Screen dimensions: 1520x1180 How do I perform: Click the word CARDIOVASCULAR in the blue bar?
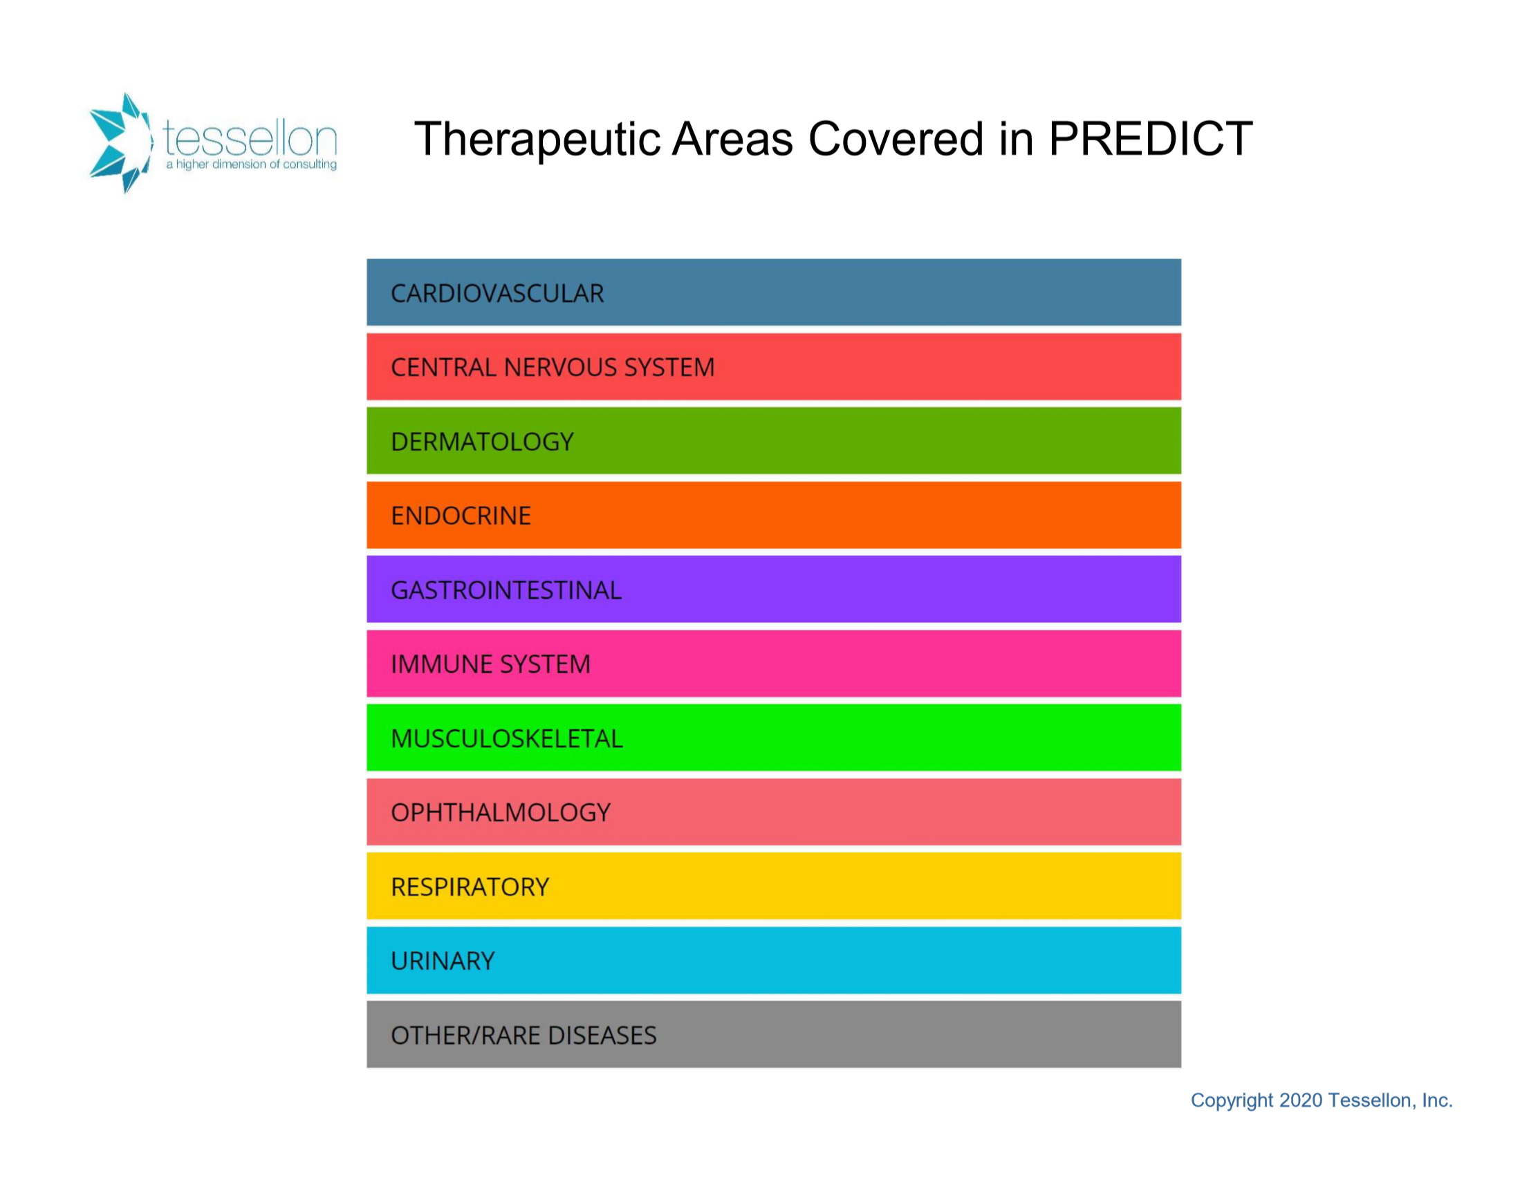click(x=497, y=294)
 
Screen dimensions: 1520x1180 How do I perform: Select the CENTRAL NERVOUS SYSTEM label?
click(x=553, y=367)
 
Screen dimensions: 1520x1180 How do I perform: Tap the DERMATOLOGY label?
click(x=482, y=442)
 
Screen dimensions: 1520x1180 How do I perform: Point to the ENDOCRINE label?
click(x=461, y=516)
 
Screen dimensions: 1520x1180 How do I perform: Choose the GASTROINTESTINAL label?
click(x=506, y=590)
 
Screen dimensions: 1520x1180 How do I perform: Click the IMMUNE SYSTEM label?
click(x=491, y=664)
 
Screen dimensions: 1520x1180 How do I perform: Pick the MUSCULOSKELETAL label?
click(x=507, y=738)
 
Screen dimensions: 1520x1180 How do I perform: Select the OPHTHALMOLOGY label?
click(x=501, y=813)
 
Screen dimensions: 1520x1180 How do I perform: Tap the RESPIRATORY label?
click(x=470, y=887)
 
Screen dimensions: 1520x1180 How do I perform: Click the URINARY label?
click(x=443, y=961)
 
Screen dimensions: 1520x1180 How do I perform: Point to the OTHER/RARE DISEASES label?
click(x=523, y=1036)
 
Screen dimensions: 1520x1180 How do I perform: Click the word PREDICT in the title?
click(x=1151, y=138)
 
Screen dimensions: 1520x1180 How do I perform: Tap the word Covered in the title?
click(x=896, y=138)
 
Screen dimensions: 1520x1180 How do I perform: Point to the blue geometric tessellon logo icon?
click(x=120, y=142)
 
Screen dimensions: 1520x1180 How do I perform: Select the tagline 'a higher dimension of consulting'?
click(x=251, y=165)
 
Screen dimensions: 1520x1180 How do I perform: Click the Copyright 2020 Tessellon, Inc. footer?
click(x=1322, y=1101)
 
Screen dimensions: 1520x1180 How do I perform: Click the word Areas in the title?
click(x=733, y=138)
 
